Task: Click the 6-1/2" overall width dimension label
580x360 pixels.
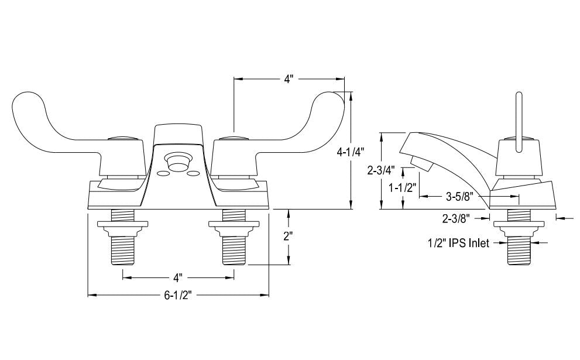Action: (x=179, y=296)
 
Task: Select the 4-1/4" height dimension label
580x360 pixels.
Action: (x=351, y=150)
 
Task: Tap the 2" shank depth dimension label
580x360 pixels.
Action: (x=288, y=238)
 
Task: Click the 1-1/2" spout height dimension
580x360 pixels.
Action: (x=403, y=188)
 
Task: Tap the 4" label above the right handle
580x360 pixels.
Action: (x=288, y=79)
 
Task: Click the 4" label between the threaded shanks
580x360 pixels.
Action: (x=179, y=276)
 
